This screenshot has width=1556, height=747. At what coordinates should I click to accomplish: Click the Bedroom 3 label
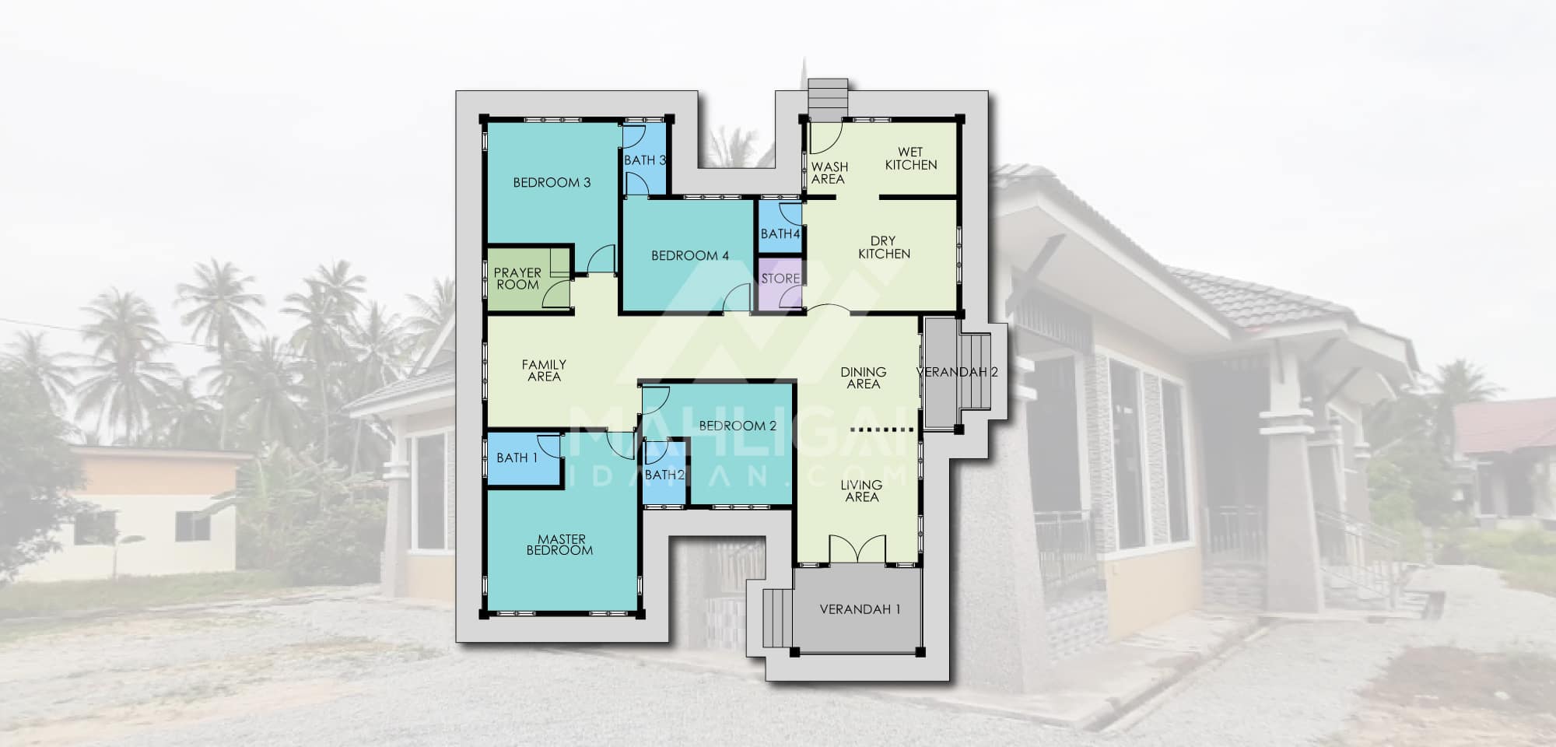point(552,183)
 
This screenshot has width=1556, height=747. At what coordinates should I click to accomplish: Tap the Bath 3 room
point(645,160)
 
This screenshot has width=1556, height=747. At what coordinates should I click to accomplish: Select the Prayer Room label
point(517,279)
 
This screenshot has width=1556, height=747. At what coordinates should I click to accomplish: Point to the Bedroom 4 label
point(690,255)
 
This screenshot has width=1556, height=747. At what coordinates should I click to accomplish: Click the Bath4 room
point(780,226)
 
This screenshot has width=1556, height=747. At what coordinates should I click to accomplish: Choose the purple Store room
point(780,284)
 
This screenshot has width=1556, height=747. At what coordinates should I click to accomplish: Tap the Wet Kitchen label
point(911,159)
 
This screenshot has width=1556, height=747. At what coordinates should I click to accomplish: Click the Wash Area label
point(829,173)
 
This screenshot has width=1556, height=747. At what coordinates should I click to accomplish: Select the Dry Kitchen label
point(884,247)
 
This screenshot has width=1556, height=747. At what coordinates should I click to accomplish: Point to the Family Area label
point(544,370)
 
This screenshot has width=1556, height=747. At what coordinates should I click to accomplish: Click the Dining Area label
point(864,378)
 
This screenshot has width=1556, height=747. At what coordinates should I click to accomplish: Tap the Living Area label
point(861,491)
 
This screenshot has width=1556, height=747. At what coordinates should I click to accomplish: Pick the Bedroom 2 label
point(738,426)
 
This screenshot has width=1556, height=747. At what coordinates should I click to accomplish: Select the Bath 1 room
point(524,458)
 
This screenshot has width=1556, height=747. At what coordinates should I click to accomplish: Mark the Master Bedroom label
point(561,545)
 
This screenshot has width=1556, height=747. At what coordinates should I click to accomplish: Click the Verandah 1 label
point(860,609)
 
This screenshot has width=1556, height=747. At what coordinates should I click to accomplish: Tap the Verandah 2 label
point(957,372)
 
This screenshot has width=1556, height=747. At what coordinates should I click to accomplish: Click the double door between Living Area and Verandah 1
point(857,549)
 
